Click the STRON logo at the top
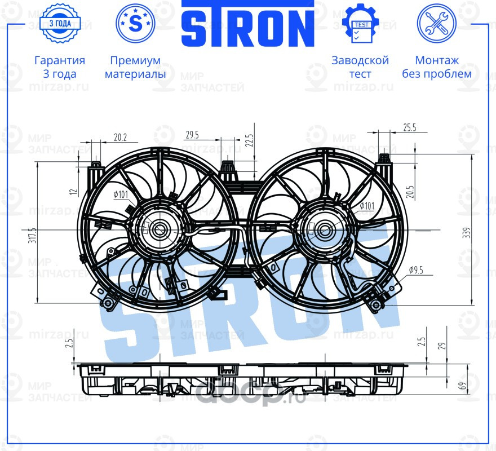pos(247,25)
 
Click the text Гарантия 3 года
pos(60,67)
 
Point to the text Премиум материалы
pos(135,67)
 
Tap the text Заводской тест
pos(360,67)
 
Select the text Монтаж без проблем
pos(437,67)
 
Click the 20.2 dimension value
pos(120,136)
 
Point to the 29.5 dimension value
pos(192,134)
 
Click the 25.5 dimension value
pos(410,128)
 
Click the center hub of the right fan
pos(325,229)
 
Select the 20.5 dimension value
pos(410,192)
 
